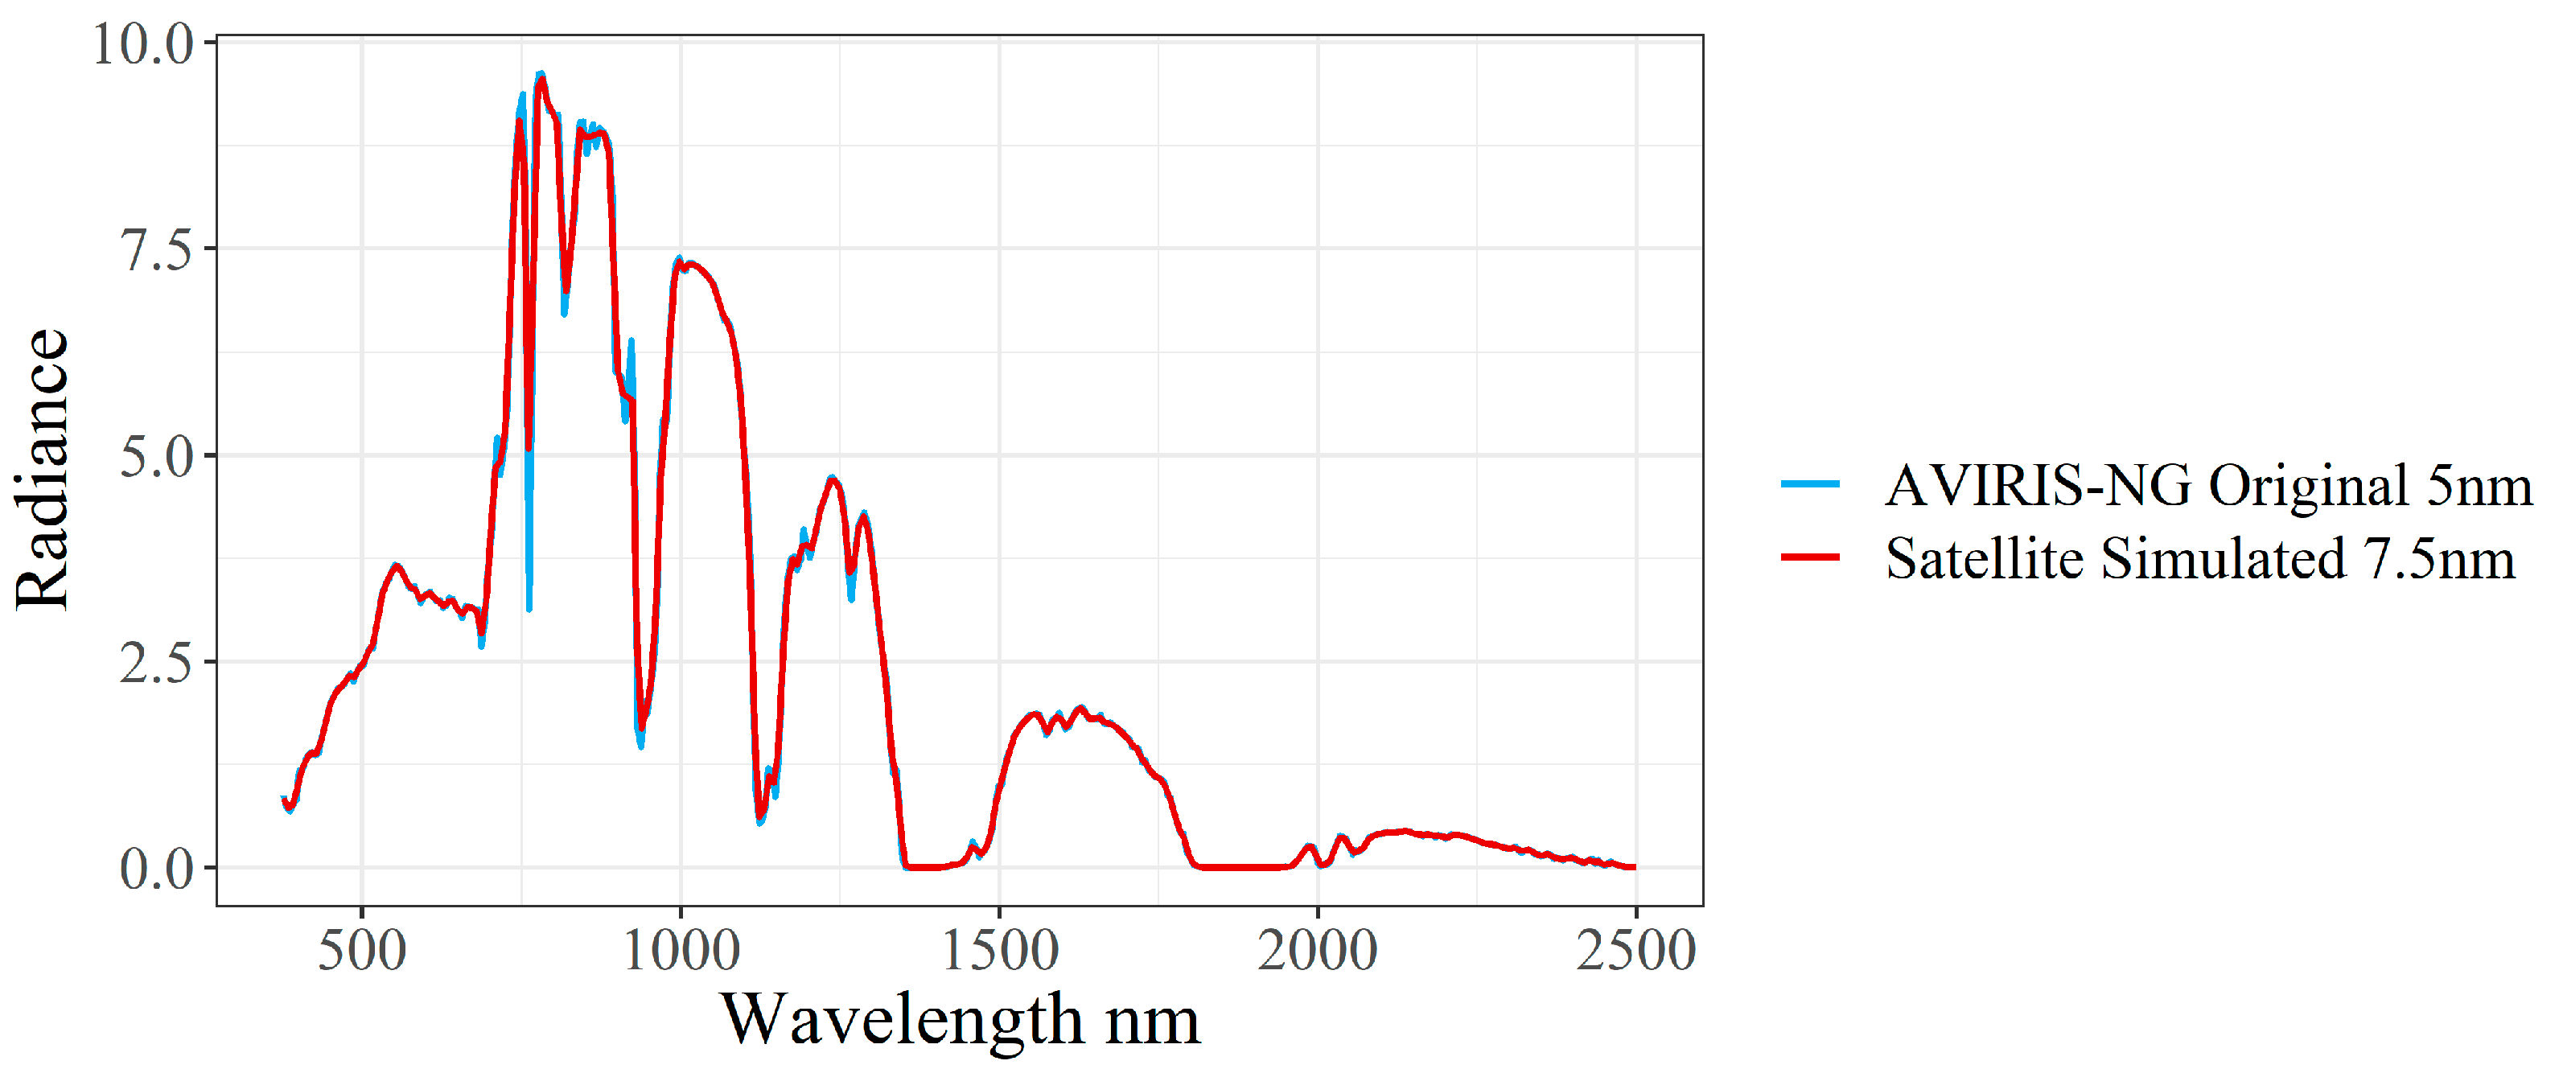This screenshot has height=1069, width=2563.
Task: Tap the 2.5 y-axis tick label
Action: click(x=156, y=664)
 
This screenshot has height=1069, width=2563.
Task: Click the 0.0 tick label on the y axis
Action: click(x=156, y=870)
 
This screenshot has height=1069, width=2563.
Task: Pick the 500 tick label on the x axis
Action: click(x=361, y=950)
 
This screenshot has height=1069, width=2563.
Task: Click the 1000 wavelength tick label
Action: click(x=681, y=950)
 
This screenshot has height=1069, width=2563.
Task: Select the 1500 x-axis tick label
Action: click(x=999, y=950)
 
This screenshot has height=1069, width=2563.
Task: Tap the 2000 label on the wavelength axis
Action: click(x=1318, y=950)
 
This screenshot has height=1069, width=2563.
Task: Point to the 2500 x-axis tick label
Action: click(x=1635, y=950)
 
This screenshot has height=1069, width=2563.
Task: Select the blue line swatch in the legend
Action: click(x=1811, y=484)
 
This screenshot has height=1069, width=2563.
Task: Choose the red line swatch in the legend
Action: click(x=1811, y=557)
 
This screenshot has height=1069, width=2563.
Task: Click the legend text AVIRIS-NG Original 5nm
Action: click(x=2207, y=485)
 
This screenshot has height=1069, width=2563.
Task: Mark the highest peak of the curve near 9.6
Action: click(x=541, y=76)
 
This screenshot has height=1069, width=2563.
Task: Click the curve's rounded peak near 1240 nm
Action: click(x=833, y=479)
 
